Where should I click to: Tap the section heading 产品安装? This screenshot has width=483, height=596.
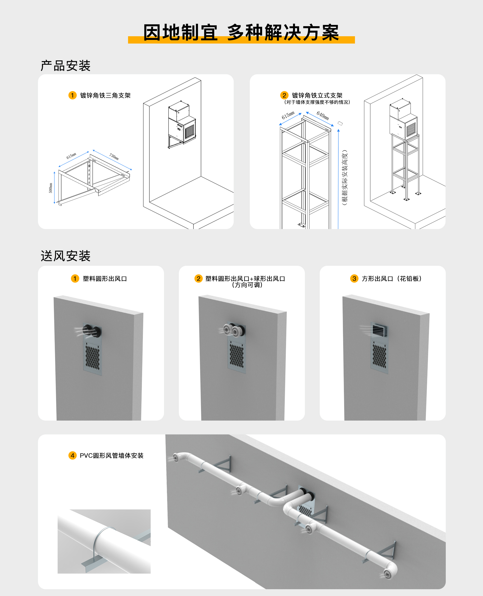pos(66,66)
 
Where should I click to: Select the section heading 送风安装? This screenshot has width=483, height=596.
pos(66,256)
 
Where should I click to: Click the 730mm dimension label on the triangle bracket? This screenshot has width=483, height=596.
pos(114,157)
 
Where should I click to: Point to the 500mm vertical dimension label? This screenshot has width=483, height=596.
pos(51,188)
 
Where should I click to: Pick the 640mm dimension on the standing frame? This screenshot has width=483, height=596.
pos(323,115)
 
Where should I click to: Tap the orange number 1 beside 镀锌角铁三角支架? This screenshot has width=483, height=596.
pos(72,95)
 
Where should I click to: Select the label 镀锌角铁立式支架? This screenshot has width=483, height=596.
pos(317,95)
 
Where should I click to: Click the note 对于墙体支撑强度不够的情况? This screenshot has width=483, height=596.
pos(317,102)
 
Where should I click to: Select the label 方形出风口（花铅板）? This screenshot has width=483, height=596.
pos(391,279)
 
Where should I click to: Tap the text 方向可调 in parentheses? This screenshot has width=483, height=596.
pos(247,285)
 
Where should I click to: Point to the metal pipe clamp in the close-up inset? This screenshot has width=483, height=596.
pos(98,541)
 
